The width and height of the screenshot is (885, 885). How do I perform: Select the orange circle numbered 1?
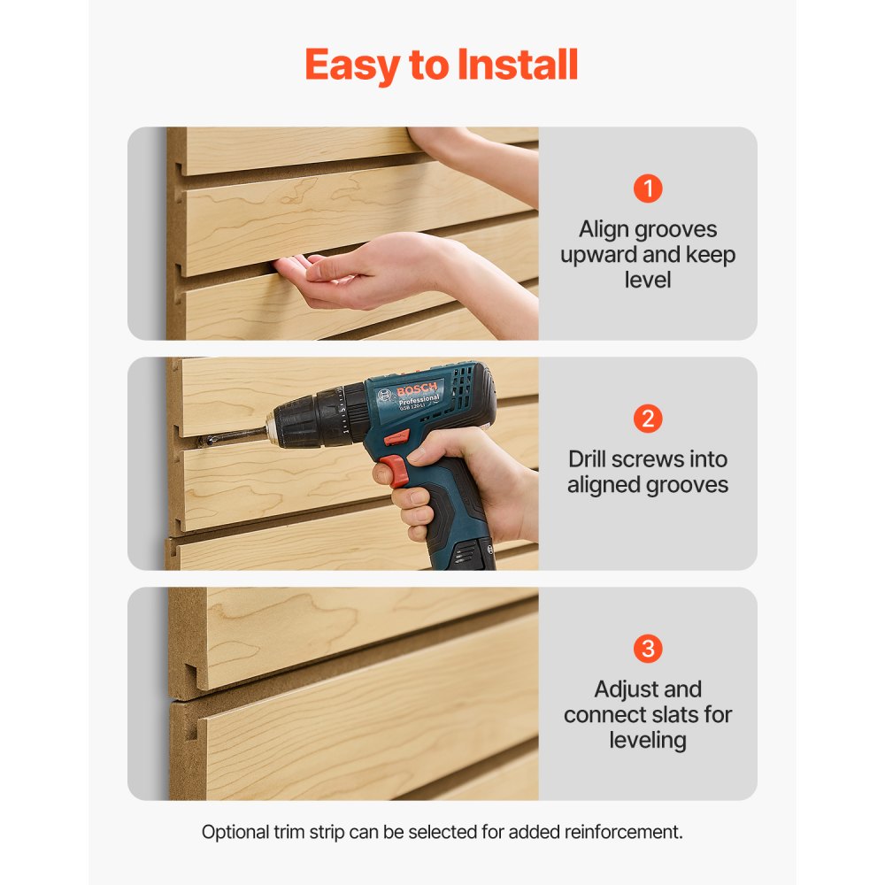pyautogui.click(x=648, y=189)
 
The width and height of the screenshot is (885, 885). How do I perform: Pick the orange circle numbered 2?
pyautogui.click(x=648, y=419)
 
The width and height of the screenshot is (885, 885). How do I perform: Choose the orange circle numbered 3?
pyautogui.click(x=648, y=649)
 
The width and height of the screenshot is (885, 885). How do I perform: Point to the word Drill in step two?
pyautogui.click(x=590, y=459)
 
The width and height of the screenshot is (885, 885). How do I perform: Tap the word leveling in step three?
pyautogui.click(x=648, y=739)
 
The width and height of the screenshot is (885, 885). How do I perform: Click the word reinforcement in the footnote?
pyautogui.click(x=627, y=832)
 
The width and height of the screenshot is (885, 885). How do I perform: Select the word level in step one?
pyautogui.click(x=648, y=280)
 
